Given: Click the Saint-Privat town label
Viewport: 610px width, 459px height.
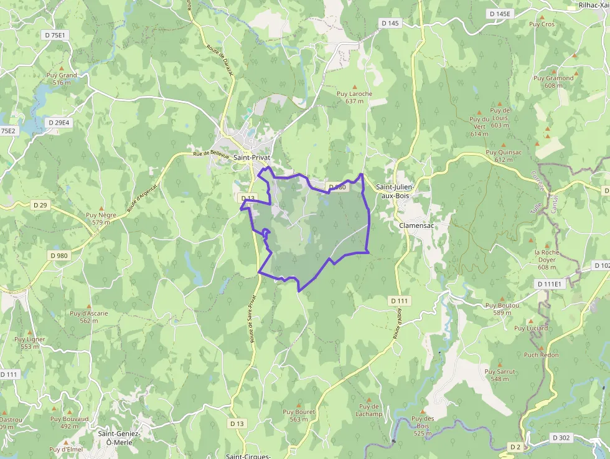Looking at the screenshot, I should point(251,158).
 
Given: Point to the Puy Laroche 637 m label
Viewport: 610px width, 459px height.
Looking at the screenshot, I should point(354,97).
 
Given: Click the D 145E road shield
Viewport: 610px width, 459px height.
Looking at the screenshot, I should point(499,14).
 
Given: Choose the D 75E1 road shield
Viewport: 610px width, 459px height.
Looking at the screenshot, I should point(55,35).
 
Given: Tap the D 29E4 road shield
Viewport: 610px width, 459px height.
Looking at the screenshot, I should point(59,123).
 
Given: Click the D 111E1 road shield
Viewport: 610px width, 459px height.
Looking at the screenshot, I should point(549,284).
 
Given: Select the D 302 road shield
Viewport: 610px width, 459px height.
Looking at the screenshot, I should point(561,438).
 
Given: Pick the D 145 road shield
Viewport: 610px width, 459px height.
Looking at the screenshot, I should point(390,23).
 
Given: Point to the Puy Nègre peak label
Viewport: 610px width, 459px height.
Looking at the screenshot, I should point(101,219).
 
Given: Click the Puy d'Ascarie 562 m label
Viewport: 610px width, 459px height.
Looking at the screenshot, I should point(89,316).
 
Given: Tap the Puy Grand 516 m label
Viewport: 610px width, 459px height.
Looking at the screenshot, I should point(62,78).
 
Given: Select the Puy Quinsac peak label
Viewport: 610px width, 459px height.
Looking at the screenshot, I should point(504,156).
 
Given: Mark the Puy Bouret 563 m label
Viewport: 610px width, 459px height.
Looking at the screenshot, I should point(299,415).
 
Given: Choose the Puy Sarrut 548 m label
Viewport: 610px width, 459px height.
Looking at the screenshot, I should point(500,375).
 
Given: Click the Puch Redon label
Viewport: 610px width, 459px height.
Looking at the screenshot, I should point(541,355).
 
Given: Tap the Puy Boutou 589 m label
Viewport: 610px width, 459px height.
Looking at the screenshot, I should point(502,309).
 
